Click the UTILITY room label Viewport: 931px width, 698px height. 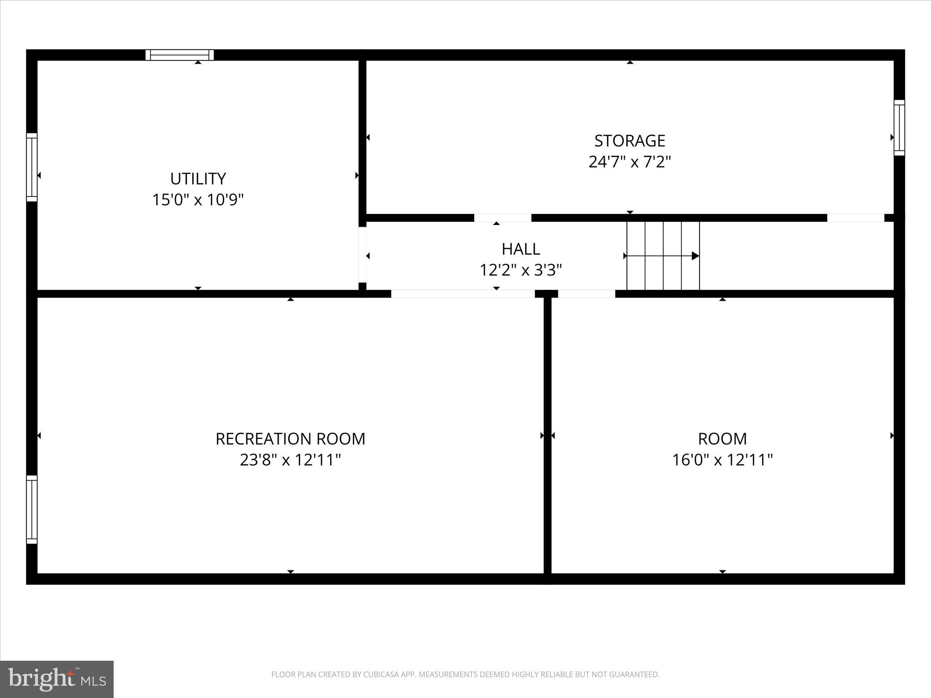(x=198, y=179)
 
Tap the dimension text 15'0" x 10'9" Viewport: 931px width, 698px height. (x=198, y=200)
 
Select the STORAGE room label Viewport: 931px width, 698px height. (x=630, y=141)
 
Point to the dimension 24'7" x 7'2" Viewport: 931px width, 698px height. (x=630, y=162)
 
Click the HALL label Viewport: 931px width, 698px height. (x=521, y=249)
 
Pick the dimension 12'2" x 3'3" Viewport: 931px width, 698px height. (x=521, y=270)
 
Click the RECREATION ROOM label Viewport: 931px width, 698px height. (x=290, y=439)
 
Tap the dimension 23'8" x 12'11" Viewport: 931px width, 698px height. (x=290, y=460)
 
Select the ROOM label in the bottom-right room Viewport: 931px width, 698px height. (x=722, y=439)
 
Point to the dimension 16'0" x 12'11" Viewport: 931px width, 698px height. (x=722, y=460)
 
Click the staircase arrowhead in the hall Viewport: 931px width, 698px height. (x=695, y=256)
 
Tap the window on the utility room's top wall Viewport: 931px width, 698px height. (x=180, y=55)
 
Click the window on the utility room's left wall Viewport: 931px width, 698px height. (x=31, y=167)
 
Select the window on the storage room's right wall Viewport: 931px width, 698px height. (x=899, y=128)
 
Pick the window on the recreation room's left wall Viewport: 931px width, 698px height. (x=31, y=509)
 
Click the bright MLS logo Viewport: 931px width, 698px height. (x=57, y=679)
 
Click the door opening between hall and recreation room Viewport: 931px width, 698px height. (x=463, y=294)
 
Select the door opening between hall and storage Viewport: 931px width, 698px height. (x=502, y=218)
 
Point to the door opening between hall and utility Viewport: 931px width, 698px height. (x=362, y=254)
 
